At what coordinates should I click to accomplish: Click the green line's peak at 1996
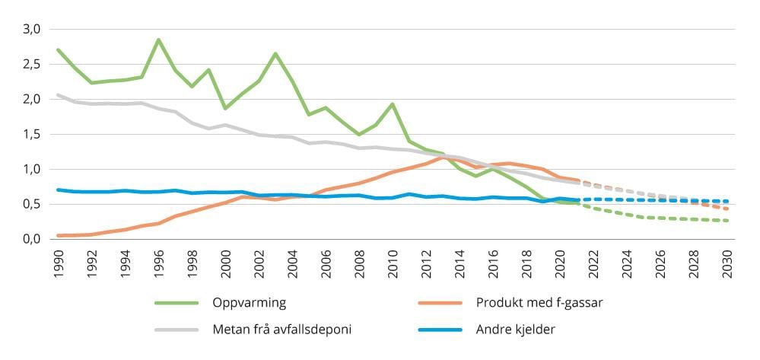click(158, 40)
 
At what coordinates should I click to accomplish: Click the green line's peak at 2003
click(275, 53)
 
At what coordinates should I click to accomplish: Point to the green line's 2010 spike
click(393, 104)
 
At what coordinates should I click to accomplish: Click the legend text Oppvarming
click(250, 303)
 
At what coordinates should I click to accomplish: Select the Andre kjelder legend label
click(514, 330)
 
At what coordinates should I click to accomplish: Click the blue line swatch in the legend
click(440, 330)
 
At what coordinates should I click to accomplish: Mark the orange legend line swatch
click(440, 303)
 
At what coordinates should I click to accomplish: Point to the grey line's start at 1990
click(59, 95)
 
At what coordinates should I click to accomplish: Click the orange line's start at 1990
click(59, 236)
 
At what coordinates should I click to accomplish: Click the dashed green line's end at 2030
click(727, 221)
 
